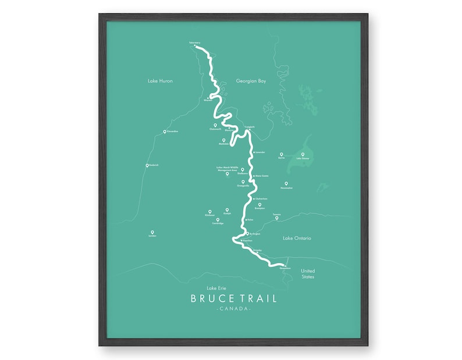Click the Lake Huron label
tap(160, 81)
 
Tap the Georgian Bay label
tap(251, 81)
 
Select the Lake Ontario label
tap(297, 238)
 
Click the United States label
tap(307, 274)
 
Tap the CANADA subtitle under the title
tap(233, 309)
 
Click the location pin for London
tap(152, 231)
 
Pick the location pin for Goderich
tap(147, 165)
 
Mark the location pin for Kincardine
tap(164, 131)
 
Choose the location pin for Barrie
tap(281, 154)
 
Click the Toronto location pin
tap(277, 218)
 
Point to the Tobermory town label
tap(194, 42)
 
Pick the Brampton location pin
tap(260, 204)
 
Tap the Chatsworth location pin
tap(215, 125)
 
